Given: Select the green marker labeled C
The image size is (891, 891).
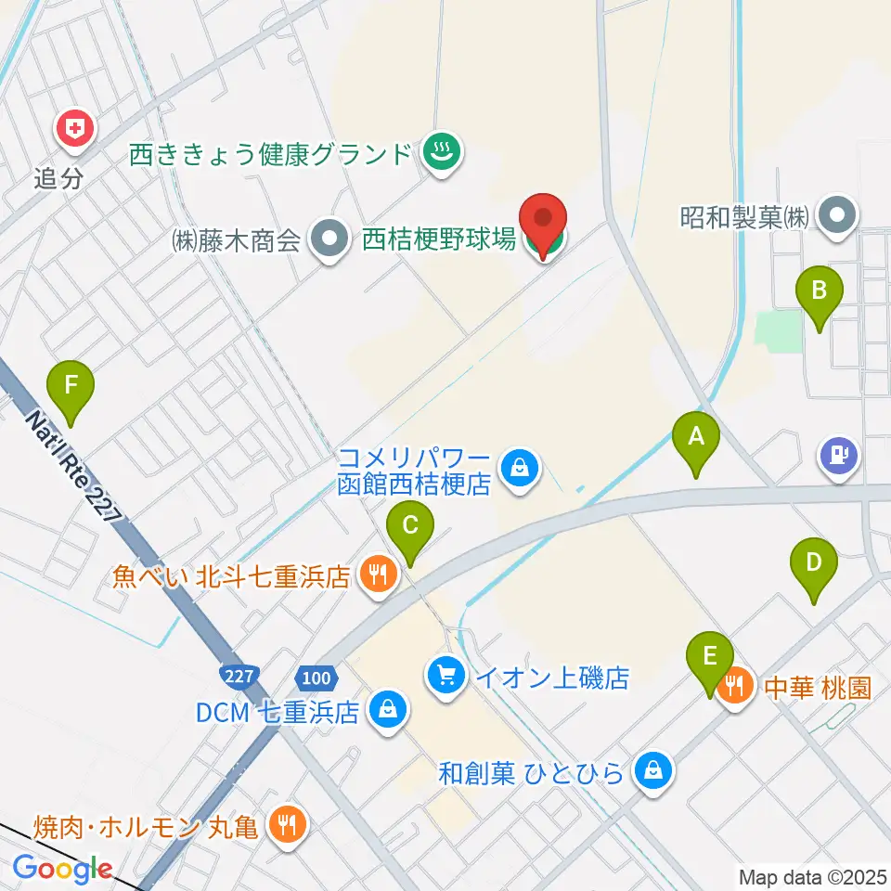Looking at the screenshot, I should pyautogui.click(x=409, y=531).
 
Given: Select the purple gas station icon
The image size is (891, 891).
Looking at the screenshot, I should pyautogui.click(x=838, y=456).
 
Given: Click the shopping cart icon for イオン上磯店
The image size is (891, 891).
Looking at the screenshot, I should pyautogui.click(x=446, y=675).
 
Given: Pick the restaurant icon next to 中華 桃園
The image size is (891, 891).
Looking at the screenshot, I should pyautogui.click(x=736, y=688).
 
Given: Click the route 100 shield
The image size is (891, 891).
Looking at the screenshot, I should pyautogui.click(x=316, y=678).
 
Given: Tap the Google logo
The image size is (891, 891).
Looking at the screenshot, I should pyautogui.click(x=62, y=870).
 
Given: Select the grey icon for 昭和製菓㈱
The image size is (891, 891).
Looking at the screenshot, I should pyautogui.click(x=839, y=216).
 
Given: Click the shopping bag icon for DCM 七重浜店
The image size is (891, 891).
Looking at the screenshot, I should pyautogui.click(x=385, y=712).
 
